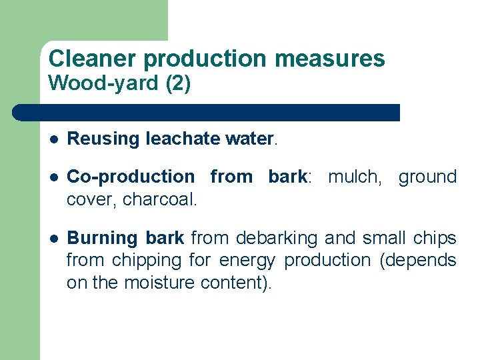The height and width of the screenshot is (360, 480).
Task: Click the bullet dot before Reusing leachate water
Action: click(53, 139)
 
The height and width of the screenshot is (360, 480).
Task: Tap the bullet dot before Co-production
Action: click(53, 177)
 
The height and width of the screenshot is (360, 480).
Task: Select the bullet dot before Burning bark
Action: click(53, 239)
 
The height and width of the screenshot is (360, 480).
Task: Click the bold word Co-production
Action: click(131, 177)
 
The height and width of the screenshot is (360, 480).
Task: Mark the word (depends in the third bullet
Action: click(417, 261)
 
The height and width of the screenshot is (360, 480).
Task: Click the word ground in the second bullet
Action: click(427, 177)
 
